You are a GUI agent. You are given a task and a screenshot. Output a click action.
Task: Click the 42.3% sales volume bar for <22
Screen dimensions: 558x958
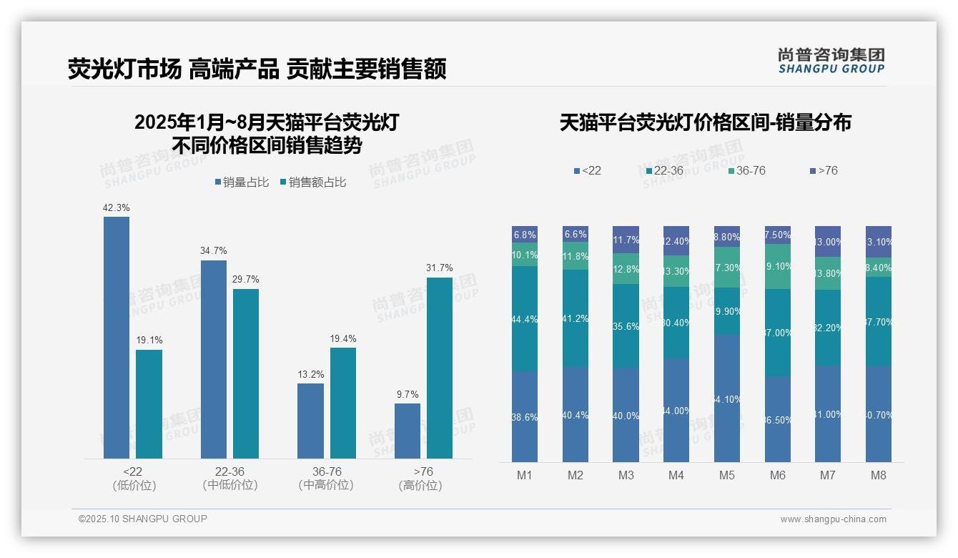[x=117, y=337]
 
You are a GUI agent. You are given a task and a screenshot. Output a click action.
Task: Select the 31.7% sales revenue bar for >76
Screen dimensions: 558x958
[x=440, y=368]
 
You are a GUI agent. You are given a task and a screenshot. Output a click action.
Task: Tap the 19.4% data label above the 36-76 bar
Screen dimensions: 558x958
[x=343, y=338]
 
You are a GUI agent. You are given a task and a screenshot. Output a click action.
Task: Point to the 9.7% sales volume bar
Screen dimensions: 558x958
[x=408, y=431]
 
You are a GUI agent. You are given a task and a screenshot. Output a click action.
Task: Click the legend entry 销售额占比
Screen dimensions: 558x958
[x=312, y=182]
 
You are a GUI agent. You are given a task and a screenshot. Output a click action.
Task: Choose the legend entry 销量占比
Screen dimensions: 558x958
[x=241, y=182]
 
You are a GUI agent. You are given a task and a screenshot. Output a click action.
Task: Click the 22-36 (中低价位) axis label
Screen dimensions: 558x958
[x=229, y=478]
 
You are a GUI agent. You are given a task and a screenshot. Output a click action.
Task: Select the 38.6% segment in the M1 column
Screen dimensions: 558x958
[x=525, y=416]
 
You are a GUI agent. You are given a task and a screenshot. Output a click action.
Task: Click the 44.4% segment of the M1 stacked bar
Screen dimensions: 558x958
[x=525, y=319]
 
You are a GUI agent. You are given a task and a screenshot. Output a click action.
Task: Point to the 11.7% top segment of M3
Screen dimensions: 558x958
[x=626, y=240]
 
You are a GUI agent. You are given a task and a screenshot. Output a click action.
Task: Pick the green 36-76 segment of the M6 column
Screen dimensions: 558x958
[x=777, y=266]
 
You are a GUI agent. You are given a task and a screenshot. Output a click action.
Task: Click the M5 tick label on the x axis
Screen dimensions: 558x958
[x=727, y=475]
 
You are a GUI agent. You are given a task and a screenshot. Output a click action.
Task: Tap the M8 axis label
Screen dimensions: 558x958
[x=879, y=475]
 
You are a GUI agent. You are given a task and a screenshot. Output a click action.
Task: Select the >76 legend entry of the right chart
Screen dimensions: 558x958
[x=824, y=170]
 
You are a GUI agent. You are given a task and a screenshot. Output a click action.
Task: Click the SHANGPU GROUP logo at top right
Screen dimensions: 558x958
[x=831, y=60]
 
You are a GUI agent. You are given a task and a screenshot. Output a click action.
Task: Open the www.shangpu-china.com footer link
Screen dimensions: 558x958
[x=833, y=519]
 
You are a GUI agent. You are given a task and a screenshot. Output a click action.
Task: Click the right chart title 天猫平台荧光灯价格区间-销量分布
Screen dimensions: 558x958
[x=705, y=122]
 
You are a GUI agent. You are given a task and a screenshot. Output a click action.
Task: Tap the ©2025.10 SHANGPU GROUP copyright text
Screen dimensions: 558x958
[x=143, y=519]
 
